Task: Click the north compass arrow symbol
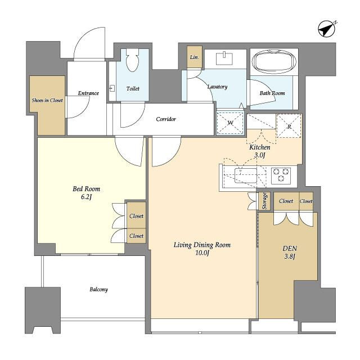click(327, 29)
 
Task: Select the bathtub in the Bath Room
click(274, 61)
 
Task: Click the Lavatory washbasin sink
click(224, 58)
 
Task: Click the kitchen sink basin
click(246, 175)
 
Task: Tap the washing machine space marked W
click(230, 123)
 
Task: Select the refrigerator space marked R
click(289, 125)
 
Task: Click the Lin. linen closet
click(195, 57)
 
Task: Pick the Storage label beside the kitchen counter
click(264, 201)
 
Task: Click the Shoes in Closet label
click(47, 100)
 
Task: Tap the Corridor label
click(166, 119)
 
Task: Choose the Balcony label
click(99, 290)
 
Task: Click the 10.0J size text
click(202, 253)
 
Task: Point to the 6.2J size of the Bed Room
click(86, 197)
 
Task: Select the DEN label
click(290, 249)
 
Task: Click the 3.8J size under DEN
click(290, 256)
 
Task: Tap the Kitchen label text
click(260, 147)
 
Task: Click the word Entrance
click(88, 93)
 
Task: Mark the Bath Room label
click(272, 93)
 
